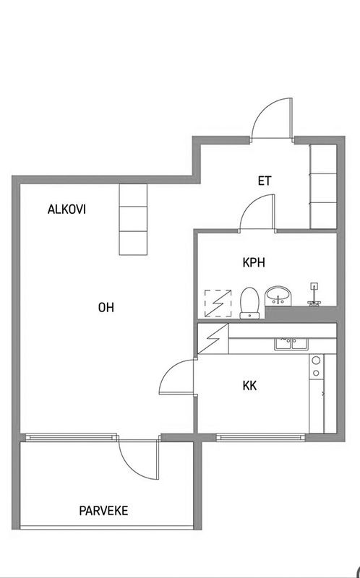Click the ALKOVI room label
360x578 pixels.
pyautogui.click(x=67, y=210)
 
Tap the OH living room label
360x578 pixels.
pyautogui.click(x=106, y=308)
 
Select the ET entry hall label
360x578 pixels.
pyautogui.click(x=265, y=181)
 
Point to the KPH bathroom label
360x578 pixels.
pyautogui.click(x=254, y=262)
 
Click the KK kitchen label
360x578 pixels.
pyautogui.click(x=249, y=386)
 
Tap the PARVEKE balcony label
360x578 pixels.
pyautogui.click(x=103, y=511)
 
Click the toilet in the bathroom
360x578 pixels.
pyautogui.click(x=249, y=303)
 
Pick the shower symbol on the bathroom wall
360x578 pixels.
pyautogui.click(x=314, y=294)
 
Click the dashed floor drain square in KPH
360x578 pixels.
pyautogui.click(x=218, y=303)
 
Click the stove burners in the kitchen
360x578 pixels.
pyautogui.click(x=316, y=366)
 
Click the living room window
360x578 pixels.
pyautogui.click(x=71, y=437)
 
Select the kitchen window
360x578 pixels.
pyautogui.click(x=261, y=437)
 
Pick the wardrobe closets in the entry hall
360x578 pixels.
pyautogui.click(x=323, y=186)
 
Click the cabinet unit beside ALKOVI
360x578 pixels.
pyautogui.click(x=133, y=220)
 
